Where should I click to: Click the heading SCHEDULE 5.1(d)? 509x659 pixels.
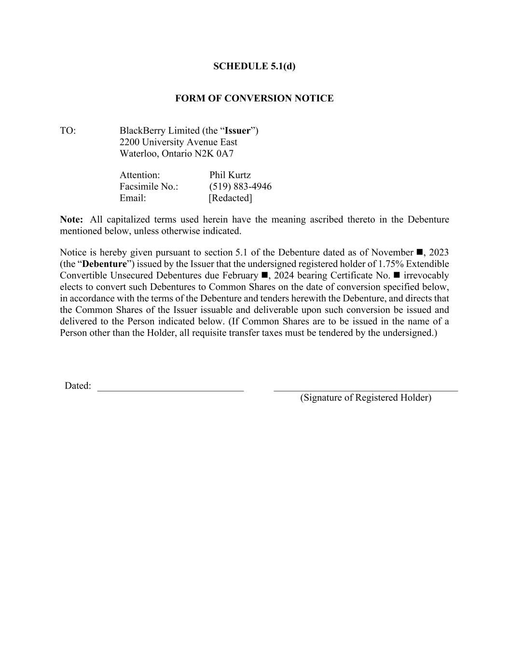(254, 66)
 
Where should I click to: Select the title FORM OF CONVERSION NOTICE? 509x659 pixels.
(254, 98)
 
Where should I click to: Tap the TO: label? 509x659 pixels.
(68, 131)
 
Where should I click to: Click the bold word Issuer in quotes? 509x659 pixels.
(238, 131)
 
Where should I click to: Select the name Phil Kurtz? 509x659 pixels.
(230, 175)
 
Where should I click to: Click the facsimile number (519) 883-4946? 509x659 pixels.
(240, 187)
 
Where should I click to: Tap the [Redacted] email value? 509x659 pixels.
(230, 198)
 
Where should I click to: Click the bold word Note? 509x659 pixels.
(71, 220)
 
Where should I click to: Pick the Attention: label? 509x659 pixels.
(140, 175)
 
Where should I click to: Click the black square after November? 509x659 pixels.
(419, 252)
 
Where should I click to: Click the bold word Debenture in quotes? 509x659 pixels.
(104, 264)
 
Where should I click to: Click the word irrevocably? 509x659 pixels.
(426, 276)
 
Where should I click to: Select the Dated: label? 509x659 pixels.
(78, 386)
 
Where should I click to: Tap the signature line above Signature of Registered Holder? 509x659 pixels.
(366, 389)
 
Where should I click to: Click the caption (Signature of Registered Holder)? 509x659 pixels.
(366, 398)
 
